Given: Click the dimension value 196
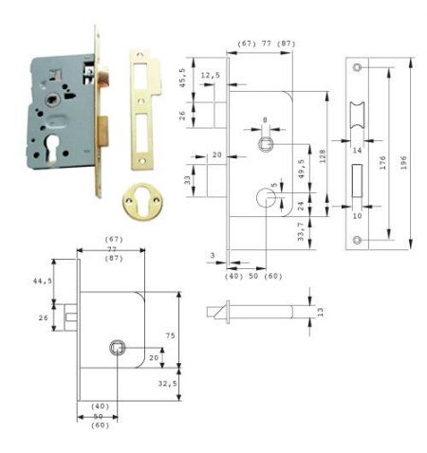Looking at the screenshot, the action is pyautogui.click(x=403, y=163).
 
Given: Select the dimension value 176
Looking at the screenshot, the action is pyautogui.click(x=382, y=163).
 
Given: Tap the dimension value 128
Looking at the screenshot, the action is pyautogui.click(x=323, y=156).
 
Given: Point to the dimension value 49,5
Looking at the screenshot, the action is pyautogui.click(x=302, y=169).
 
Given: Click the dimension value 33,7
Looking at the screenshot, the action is pyautogui.click(x=301, y=231).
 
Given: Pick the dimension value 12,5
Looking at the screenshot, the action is pyautogui.click(x=211, y=75).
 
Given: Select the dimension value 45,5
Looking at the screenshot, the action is pyautogui.click(x=182, y=78).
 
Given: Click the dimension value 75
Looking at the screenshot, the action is pyautogui.click(x=170, y=335).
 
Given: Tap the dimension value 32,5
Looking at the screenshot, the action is pyautogui.click(x=167, y=384).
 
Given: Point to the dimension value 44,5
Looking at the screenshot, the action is pyautogui.click(x=43, y=281).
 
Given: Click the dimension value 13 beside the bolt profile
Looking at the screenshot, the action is pyautogui.click(x=321, y=312).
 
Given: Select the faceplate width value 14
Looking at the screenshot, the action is pyautogui.click(x=357, y=151).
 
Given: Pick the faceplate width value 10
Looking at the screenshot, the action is pyautogui.click(x=357, y=216).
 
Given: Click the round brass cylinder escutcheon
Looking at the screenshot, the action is pyautogui.click(x=141, y=202).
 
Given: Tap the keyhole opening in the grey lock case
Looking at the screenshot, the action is pyautogui.click(x=51, y=148).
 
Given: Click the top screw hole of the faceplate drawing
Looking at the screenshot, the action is pyautogui.click(x=357, y=67).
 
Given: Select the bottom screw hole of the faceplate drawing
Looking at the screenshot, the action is pyautogui.click(x=357, y=240).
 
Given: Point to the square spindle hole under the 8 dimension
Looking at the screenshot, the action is pyautogui.click(x=266, y=144).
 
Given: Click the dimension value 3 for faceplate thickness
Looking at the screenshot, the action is pyautogui.click(x=213, y=255).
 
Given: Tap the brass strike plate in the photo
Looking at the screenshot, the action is pyautogui.click(x=144, y=109).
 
